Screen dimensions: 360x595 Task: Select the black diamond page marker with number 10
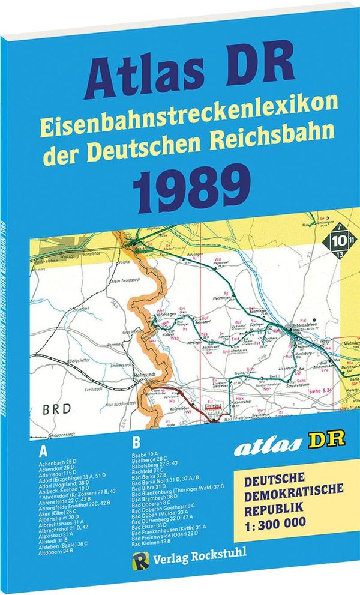pyautogui.click(x=337, y=243)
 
